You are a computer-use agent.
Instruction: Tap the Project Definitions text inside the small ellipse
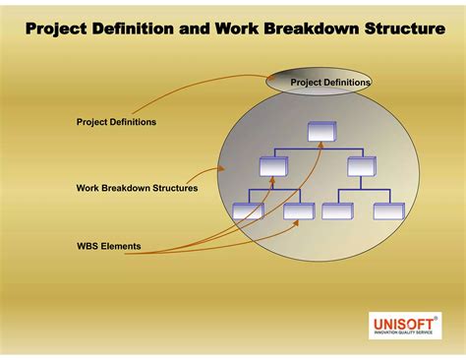pos(330,83)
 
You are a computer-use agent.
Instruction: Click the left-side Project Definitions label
pos(116,122)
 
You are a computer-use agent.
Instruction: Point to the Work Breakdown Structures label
pos(137,187)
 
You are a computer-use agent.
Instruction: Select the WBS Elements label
pos(108,245)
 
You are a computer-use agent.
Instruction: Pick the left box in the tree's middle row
pos(273,165)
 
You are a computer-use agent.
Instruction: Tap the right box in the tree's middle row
pos(361,165)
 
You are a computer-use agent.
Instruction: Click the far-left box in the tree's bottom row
pos(248,210)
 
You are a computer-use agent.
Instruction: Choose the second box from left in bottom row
pos(298,210)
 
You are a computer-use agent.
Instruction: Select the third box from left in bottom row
pos(337,210)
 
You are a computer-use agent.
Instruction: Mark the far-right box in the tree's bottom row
pos(387,210)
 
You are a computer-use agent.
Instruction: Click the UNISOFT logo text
pos(403,323)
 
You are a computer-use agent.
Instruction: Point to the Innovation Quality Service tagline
pos(404,333)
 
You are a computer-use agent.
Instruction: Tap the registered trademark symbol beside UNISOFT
pos(436,317)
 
